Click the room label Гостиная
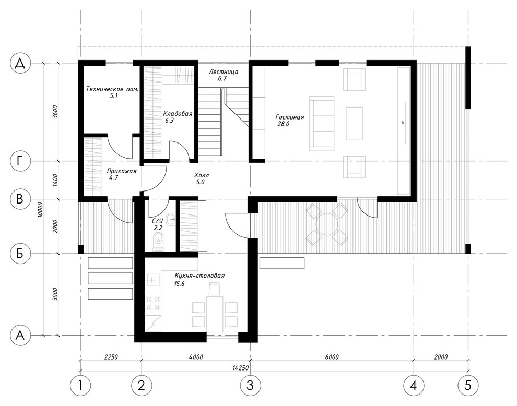[x=290, y=117]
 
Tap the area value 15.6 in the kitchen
[x=179, y=284]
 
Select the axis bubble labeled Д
[x=20, y=63]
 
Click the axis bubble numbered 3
[x=250, y=385]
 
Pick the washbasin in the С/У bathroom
[x=171, y=219]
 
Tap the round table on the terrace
[x=326, y=224]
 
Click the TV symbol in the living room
[x=404, y=123]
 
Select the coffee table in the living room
[x=354, y=123]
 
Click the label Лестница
[x=224, y=71]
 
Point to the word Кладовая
[x=178, y=114]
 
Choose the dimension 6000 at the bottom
[x=332, y=357]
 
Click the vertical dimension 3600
[x=55, y=112]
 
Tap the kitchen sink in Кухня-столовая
[x=152, y=280]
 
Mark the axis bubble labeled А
[x=20, y=335]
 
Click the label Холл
[x=202, y=175]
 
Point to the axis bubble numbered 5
[x=468, y=385]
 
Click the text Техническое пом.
[x=112, y=89]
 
